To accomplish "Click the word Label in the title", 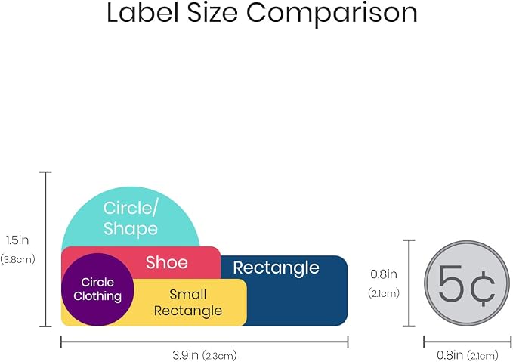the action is (143, 12).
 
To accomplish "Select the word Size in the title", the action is (212, 12).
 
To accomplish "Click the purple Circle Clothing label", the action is (97, 289).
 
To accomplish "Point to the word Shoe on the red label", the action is (167, 262).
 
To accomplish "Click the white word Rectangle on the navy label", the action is (276, 268).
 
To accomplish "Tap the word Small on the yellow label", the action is (188, 294).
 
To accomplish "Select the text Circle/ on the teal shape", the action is (131, 208).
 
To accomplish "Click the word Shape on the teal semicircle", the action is (131, 228).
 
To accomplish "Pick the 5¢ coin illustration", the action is (467, 283).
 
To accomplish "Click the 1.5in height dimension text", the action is (17, 240).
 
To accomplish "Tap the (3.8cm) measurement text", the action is (17, 259).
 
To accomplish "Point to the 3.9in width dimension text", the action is (185, 354).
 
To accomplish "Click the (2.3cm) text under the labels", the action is (219, 355).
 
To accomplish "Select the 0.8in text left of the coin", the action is (384, 274).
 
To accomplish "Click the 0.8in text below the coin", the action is (450, 354).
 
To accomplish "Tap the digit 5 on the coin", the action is (451, 283).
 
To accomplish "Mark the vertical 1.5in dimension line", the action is (45, 249).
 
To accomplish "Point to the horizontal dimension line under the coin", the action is (468, 342).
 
